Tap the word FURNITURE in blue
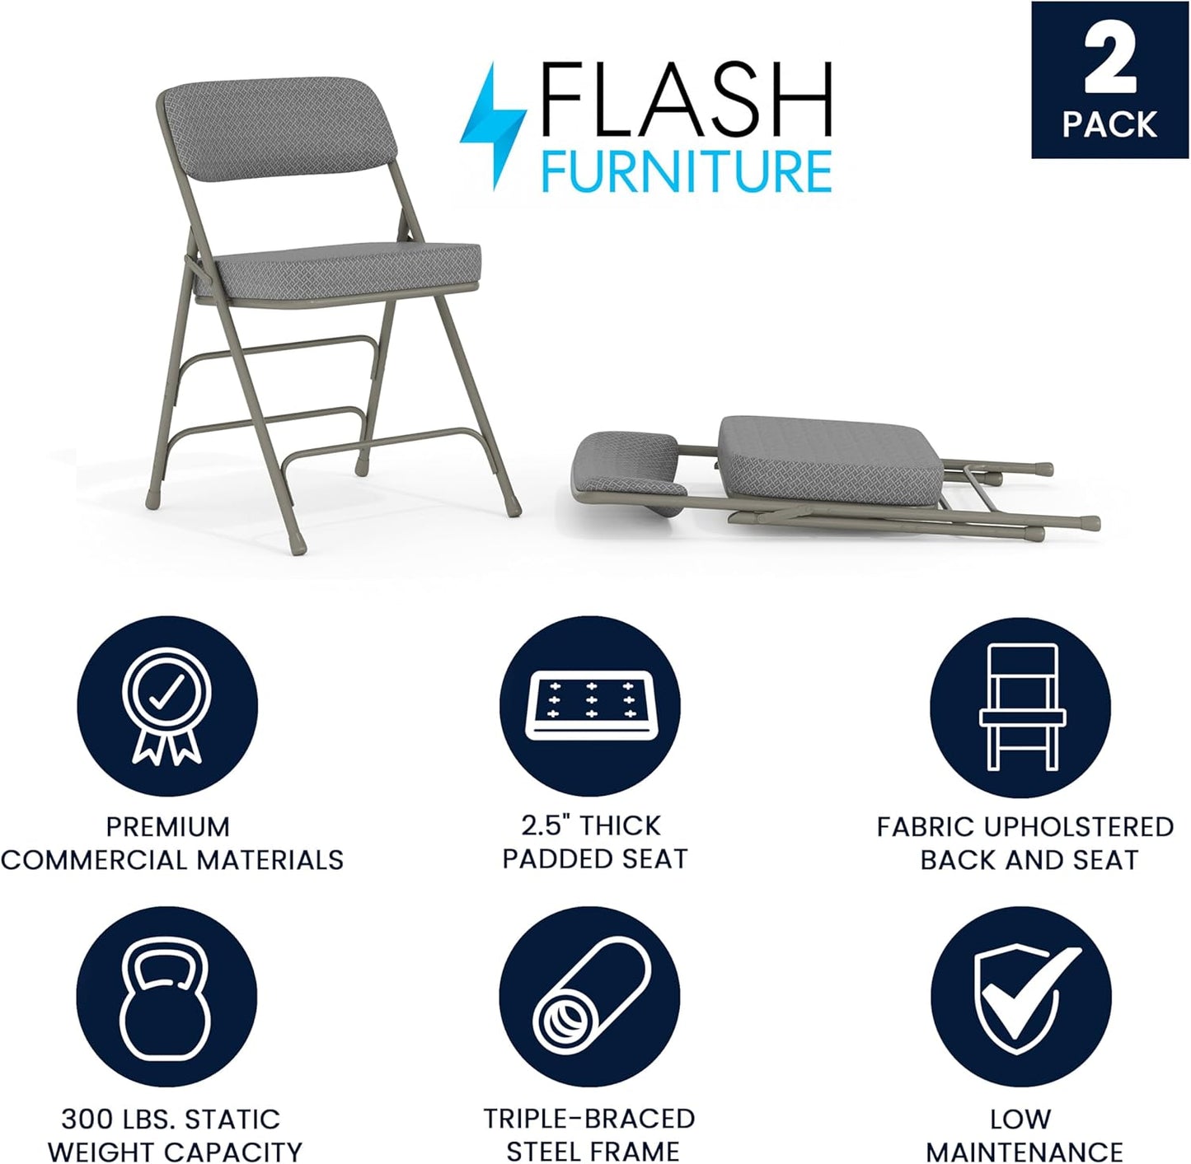click(x=686, y=171)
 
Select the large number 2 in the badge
click(x=1110, y=59)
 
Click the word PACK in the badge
click(x=1109, y=124)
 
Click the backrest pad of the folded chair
click(x=626, y=465)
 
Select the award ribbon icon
click(x=167, y=706)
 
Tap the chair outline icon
click(x=1021, y=706)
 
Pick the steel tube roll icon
click(x=590, y=998)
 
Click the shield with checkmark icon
click(x=1021, y=998)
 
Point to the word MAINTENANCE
click(x=1024, y=1151)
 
